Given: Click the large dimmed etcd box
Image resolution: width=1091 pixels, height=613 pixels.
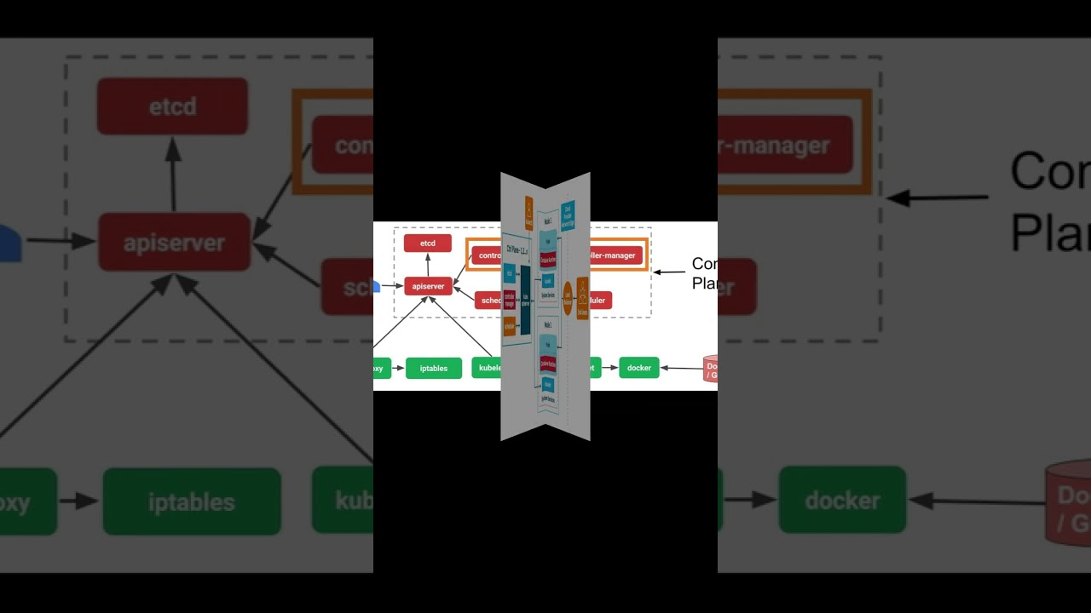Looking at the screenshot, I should coord(172,106).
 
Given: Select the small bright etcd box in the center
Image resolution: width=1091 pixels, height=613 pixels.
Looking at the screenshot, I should coord(428,243).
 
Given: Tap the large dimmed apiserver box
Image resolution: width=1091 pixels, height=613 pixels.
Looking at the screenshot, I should coord(174,243).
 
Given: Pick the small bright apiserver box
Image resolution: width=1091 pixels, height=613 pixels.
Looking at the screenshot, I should coord(428,286).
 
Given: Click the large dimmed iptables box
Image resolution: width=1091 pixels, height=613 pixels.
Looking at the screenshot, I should coord(192,501).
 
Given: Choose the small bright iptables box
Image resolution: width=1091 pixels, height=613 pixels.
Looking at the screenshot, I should coord(434,368).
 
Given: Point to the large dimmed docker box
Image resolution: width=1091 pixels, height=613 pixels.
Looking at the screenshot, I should coord(842,501).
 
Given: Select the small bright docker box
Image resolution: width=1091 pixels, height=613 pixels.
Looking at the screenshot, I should coord(639,368).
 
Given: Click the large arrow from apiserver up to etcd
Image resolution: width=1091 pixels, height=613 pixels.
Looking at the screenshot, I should coord(173,174).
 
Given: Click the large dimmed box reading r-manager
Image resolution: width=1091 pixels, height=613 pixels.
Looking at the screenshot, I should coord(784,146).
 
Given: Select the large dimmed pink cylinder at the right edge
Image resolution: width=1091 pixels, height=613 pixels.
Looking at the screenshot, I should coord(1070,502).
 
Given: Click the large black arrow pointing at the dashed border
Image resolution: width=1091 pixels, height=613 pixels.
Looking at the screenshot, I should coord(938,198).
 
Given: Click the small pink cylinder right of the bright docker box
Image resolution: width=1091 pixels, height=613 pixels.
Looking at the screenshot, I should coord(710,369).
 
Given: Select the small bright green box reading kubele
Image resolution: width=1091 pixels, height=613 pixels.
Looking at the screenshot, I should coord(487,368).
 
